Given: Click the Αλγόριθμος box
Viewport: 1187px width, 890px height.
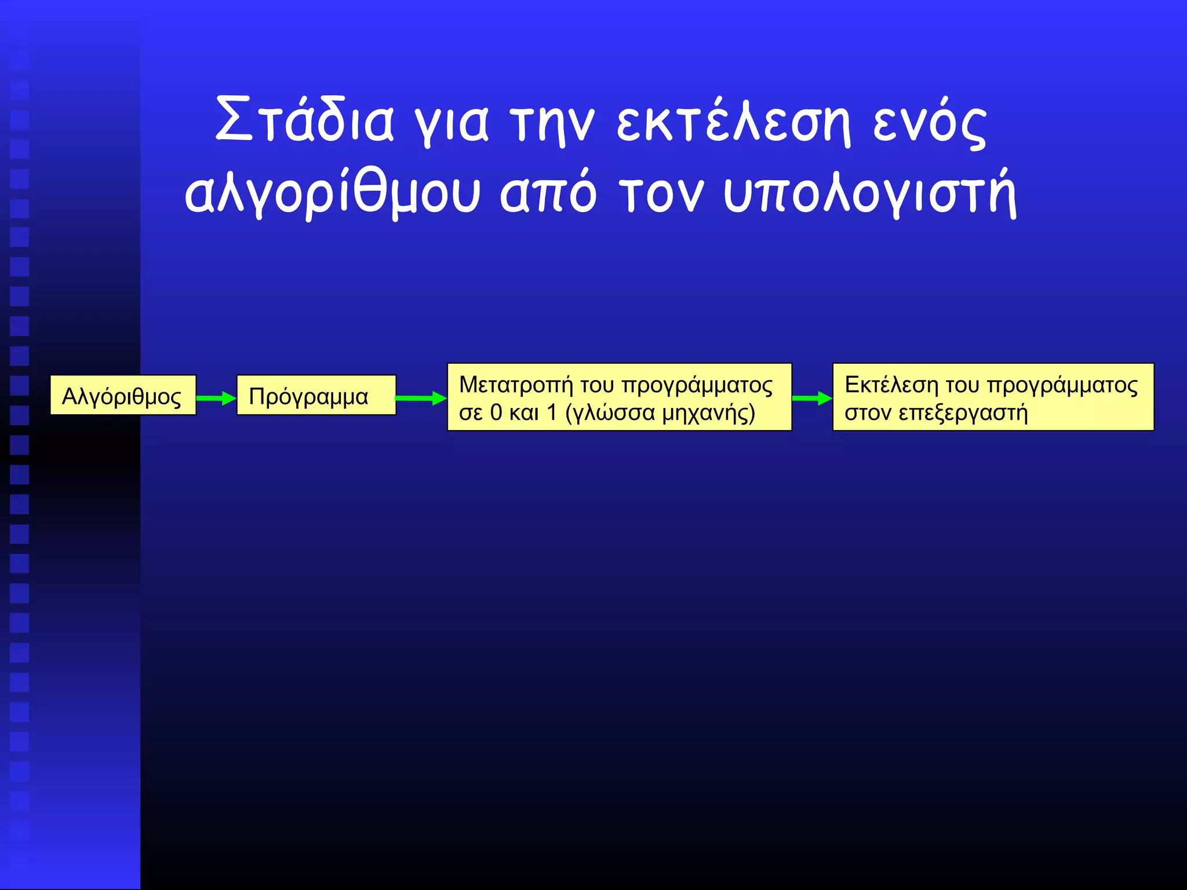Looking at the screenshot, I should pos(123,396).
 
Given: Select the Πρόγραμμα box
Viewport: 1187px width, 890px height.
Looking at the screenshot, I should pos(316,396).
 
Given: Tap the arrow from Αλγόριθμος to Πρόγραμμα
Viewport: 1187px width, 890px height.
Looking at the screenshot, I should pos(216,398).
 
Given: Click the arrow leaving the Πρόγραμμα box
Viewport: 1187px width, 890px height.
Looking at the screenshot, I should pos(421,398).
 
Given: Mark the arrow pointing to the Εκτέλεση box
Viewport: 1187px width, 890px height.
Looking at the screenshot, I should pos(812,398).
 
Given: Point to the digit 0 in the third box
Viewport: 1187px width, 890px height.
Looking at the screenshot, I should pos(496,413).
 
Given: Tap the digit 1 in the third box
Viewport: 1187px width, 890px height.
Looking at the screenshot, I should pos(552,413).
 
